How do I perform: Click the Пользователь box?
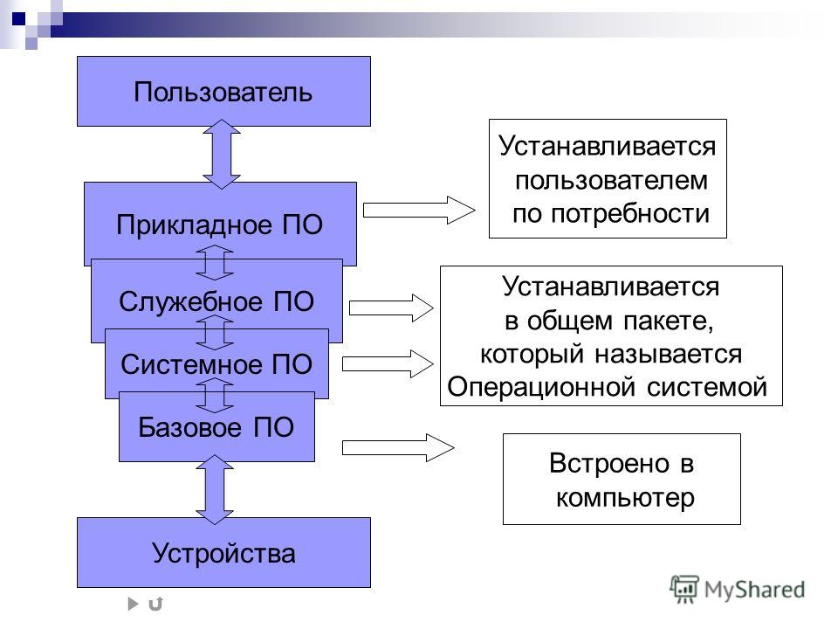point(223,92)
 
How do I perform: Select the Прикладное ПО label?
point(220,225)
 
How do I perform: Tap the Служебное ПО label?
point(216,301)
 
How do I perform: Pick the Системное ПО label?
point(216,365)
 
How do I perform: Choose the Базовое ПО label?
point(216,427)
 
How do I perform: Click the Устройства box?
point(223,552)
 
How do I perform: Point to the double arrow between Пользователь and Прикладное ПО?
point(221,154)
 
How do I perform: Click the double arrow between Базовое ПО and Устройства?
point(215,489)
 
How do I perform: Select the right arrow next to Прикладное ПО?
point(419,211)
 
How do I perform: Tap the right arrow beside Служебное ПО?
point(391,308)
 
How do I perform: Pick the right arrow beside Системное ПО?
point(388,363)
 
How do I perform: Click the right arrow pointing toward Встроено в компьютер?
point(398,447)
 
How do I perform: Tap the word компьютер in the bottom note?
point(625,498)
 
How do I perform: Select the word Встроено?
point(609,463)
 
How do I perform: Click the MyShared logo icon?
point(684,589)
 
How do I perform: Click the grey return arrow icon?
point(155,604)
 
